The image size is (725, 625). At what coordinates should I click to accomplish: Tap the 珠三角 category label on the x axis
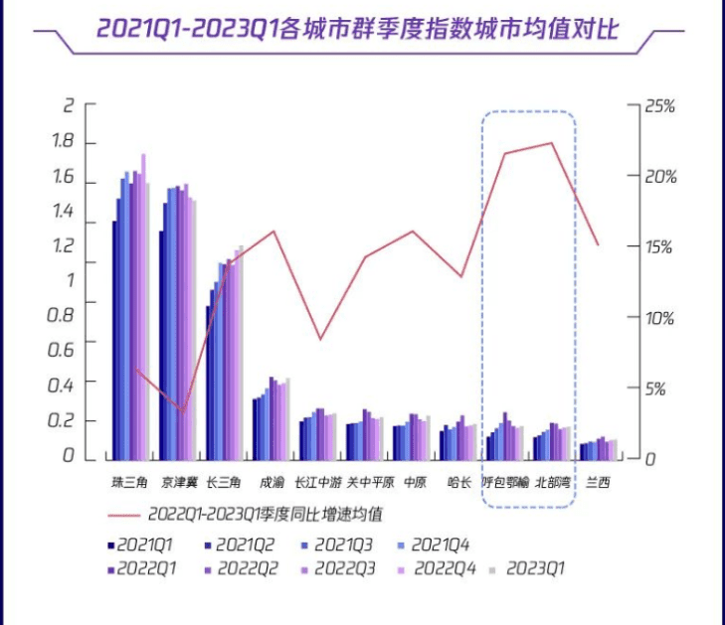[129, 483]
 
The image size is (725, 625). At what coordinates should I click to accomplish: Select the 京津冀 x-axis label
[178, 483]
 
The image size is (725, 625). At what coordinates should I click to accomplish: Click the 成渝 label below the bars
[271, 483]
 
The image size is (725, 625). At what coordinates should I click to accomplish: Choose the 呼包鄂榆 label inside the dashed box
[505, 483]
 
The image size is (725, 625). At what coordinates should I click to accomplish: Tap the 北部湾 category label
[552, 483]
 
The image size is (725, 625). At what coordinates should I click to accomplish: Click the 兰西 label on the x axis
[598, 483]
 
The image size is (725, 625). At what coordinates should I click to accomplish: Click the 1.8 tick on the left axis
[62, 143]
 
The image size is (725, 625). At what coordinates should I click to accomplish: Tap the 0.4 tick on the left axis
[62, 382]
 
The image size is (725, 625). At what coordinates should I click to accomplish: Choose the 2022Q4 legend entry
[437, 569]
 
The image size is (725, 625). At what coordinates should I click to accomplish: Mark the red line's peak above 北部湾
[551, 143]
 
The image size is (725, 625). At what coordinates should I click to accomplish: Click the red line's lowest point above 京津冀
[182, 409]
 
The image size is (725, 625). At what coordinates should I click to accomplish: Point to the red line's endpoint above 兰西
[598, 244]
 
